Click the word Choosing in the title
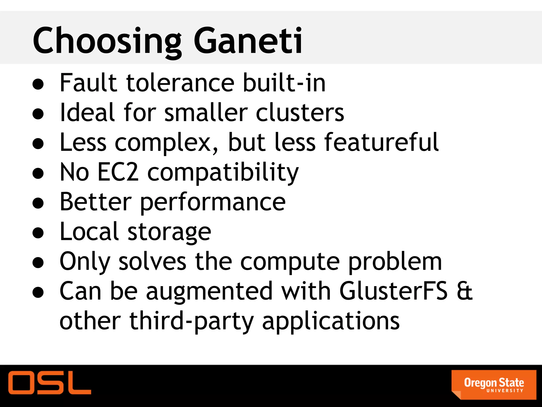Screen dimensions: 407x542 pos(107,41)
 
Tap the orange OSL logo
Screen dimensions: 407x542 pos(49,382)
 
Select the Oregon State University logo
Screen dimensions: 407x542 pos(494,384)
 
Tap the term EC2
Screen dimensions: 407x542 pos(118,172)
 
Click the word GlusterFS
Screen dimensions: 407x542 pos(393,291)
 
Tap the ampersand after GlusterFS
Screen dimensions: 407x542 pos(465,291)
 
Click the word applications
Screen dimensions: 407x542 pos(331,321)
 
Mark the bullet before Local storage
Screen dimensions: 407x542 pos(38,233)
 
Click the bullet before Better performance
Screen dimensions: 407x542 pos(38,203)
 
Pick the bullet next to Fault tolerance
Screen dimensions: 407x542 pos(38,84)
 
